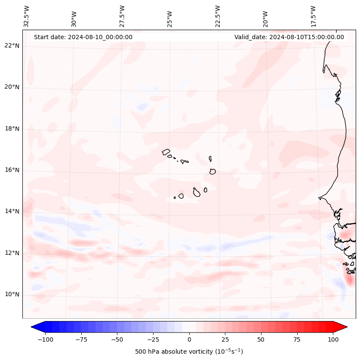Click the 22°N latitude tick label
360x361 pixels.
[12, 46]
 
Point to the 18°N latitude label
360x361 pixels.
[12, 129]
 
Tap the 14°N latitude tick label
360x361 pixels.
[12, 211]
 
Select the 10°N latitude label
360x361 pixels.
[12, 294]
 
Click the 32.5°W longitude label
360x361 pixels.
[27, 16]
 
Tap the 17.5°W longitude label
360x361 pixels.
[313, 16]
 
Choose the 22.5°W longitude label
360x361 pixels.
[218, 16]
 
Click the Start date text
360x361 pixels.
[83, 37]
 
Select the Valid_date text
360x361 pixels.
[289, 37]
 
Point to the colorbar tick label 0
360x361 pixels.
[189, 339]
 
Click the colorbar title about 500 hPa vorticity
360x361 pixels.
[189, 352]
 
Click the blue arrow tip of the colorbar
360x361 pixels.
[34, 327]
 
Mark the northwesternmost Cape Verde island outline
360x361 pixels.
[166, 151]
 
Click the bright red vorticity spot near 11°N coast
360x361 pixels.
[349, 280]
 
